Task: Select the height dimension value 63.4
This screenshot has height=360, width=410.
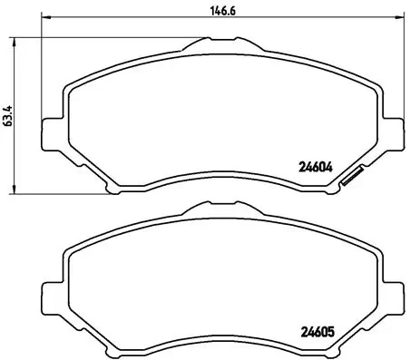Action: [8, 116]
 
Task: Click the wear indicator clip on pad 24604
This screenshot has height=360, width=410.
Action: [350, 179]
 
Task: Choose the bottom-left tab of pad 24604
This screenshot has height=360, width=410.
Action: [112, 188]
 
